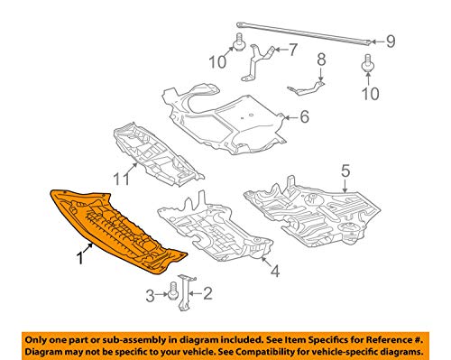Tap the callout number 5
click(345, 169)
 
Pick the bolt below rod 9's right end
click(369, 63)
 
